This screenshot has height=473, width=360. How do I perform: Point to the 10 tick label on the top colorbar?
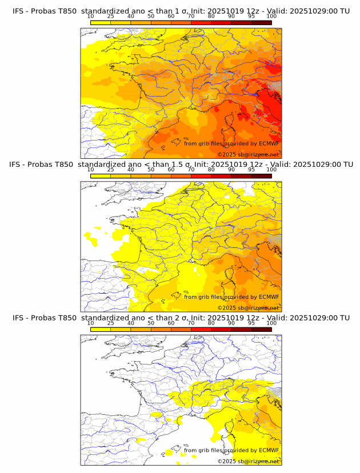point(90,16)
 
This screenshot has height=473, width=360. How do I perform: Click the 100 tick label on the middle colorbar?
point(271,170)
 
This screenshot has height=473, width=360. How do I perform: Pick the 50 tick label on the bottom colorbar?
point(151,323)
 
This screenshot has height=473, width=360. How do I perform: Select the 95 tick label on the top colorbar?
point(251,16)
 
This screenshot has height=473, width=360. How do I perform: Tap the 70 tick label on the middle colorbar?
point(191,170)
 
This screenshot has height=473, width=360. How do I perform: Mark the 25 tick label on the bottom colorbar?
point(110,323)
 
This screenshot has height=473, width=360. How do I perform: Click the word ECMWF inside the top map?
point(269,143)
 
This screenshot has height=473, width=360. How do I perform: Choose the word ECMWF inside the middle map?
point(269,296)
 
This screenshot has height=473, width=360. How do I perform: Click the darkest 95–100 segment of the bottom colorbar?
point(262,329)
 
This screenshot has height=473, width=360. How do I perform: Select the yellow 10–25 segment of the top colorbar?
point(101,22)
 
